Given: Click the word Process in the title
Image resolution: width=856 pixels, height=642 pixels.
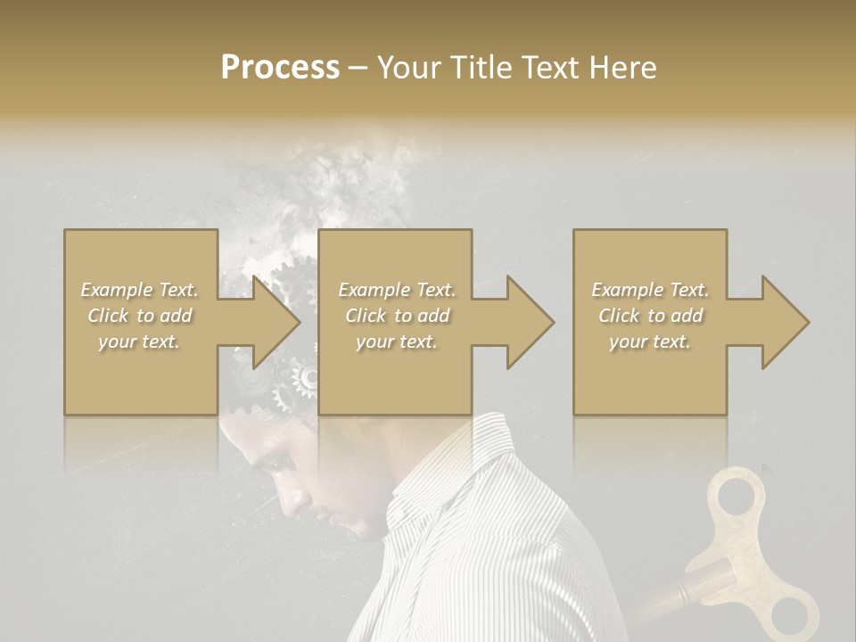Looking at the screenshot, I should [280, 68].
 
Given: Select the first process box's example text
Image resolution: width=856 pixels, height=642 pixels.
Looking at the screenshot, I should [139, 316].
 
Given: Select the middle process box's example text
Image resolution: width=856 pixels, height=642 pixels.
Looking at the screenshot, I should [397, 316].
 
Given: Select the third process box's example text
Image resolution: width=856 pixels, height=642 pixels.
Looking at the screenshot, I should [650, 316].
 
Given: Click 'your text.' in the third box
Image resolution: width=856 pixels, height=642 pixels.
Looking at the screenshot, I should [650, 342].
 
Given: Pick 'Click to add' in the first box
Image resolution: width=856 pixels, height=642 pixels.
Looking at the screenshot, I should [139, 316].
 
